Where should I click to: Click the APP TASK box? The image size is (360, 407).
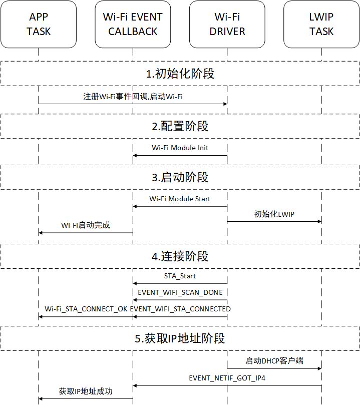pos(39,25)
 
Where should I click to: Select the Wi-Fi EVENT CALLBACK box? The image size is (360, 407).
pos(133,25)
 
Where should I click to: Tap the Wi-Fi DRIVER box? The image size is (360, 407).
pos(227,25)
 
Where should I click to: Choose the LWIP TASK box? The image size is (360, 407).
pos(321,25)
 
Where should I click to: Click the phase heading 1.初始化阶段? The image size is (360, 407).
pos(180,74)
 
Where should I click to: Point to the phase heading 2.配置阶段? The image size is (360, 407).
pos(180,126)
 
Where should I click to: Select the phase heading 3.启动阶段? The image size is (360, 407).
pos(180,177)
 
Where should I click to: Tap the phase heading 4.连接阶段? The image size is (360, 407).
pos(180,256)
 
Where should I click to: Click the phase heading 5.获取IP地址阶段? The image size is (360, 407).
pos(180,338)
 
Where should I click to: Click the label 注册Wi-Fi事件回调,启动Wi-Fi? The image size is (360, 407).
pos(133,97)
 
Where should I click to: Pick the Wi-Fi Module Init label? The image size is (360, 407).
pos(180,148)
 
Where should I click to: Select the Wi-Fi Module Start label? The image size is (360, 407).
pos(180,199)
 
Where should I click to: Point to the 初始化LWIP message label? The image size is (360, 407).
pos(274,214)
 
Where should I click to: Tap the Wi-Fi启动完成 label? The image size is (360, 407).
pos(86,225)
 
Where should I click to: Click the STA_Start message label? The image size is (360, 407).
pos(180,276)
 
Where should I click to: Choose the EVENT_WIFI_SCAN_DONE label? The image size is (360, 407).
pos(180,292)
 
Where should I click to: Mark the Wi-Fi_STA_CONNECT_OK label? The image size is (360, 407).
pos(86,309)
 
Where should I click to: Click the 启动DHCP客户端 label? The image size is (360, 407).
pos(274,361)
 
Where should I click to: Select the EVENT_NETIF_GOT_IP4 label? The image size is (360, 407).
pos(227,378)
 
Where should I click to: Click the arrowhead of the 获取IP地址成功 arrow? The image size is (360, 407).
pos(41,399)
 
